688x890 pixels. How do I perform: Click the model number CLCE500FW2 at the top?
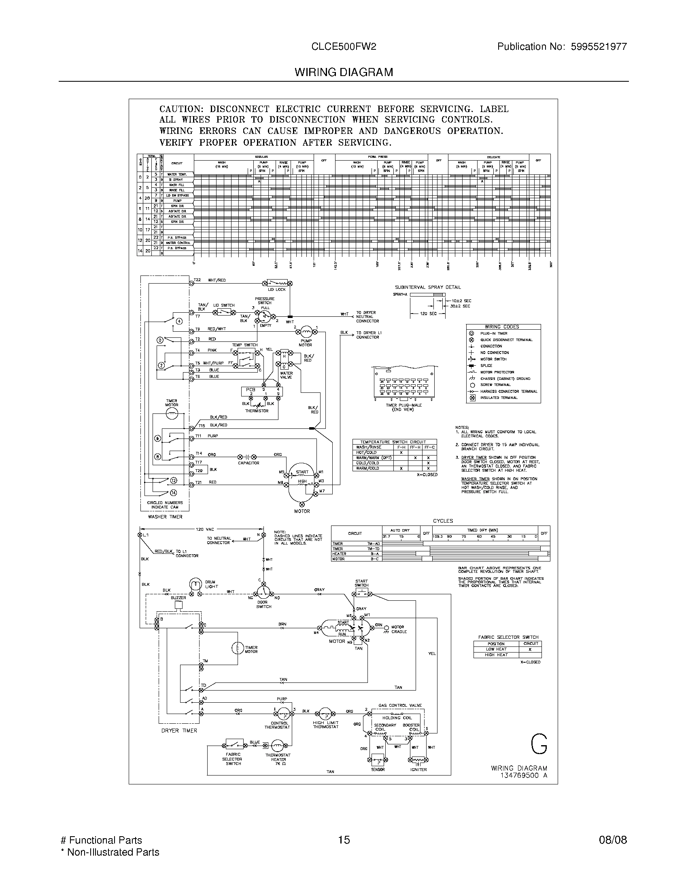(344, 47)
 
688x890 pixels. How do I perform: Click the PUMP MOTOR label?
(306, 343)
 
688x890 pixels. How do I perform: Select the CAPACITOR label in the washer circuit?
(248, 463)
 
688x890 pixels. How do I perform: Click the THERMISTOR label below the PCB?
(257, 411)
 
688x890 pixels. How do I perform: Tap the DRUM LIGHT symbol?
(195, 585)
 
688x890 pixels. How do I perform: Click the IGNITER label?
(418, 770)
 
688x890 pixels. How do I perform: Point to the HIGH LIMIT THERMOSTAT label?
(326, 725)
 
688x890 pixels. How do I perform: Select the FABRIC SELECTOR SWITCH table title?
(508, 637)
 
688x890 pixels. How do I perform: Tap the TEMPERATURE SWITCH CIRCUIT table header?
(393, 442)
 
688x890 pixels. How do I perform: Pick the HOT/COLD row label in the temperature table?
(366, 452)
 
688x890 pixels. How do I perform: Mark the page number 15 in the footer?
(344, 840)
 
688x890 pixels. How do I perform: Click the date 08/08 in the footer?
(613, 840)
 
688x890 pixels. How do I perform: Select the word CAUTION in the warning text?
(180, 109)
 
